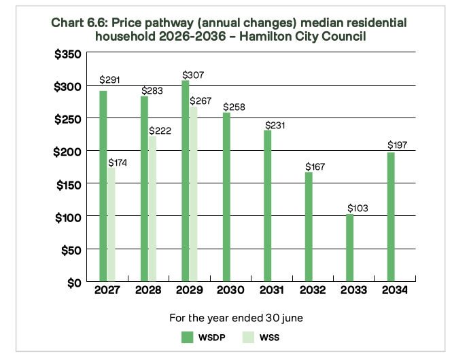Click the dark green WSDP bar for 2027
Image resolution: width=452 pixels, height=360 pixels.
(x=103, y=186)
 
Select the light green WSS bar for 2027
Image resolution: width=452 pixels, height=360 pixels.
(x=111, y=224)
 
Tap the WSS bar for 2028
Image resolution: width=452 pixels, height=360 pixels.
(x=152, y=209)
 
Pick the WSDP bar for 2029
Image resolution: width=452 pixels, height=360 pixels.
(x=186, y=181)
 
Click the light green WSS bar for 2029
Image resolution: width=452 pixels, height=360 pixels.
(x=194, y=194)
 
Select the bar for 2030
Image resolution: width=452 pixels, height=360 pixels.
(x=226, y=197)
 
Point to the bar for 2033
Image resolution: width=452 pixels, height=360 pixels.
(x=349, y=248)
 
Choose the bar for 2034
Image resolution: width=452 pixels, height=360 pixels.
(x=391, y=217)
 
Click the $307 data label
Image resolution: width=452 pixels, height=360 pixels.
(x=193, y=75)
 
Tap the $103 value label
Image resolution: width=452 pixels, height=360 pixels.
(x=358, y=208)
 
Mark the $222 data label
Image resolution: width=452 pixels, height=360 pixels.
(x=160, y=130)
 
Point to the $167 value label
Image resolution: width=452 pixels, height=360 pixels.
(x=315, y=166)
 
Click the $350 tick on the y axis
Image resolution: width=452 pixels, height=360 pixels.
(x=68, y=54)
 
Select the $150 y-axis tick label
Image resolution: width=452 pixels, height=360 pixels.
(x=69, y=185)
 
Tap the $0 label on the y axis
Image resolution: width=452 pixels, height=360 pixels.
(x=75, y=283)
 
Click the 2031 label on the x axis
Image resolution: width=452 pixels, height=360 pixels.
(x=272, y=290)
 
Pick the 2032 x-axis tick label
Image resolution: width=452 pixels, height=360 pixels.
(x=313, y=290)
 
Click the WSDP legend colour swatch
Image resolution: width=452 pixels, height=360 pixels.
(x=187, y=338)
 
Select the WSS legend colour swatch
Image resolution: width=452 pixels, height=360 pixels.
(x=249, y=338)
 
